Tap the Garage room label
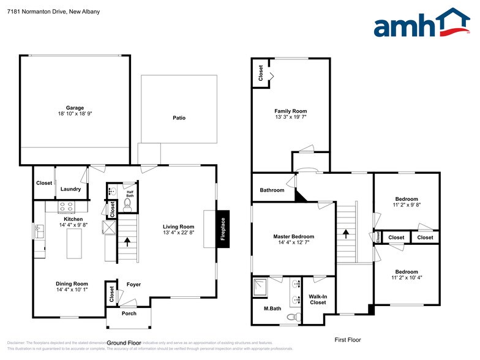[x=75, y=108]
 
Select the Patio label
[x=179, y=118]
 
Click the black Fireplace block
[x=223, y=230]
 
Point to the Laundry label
[x=70, y=189]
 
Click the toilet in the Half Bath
[x=128, y=204]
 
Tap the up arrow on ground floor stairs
[x=127, y=241]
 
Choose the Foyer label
[x=133, y=285]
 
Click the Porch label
[x=129, y=313]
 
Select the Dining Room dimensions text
[x=72, y=290]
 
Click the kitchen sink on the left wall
[x=39, y=231]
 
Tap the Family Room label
[x=290, y=111]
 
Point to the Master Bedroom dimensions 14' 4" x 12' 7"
[x=293, y=243]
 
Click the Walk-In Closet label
[x=318, y=299]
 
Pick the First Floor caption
[x=348, y=339]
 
